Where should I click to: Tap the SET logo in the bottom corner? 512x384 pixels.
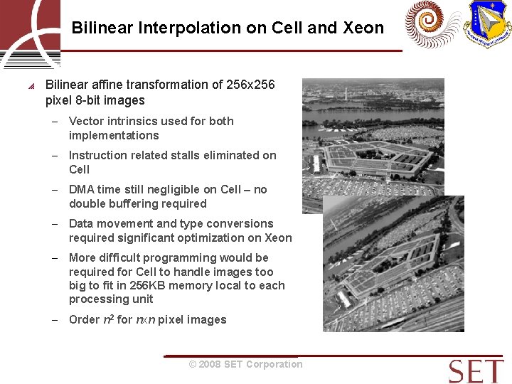click(476, 370)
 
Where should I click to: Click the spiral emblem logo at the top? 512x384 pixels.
click(432, 25)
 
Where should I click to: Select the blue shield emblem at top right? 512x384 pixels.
click(487, 25)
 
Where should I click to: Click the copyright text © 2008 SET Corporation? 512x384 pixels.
click(245, 364)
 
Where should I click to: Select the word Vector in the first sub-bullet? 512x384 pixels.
click(85, 121)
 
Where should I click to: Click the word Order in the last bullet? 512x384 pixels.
click(84, 320)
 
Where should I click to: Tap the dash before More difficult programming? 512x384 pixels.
click(54, 258)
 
